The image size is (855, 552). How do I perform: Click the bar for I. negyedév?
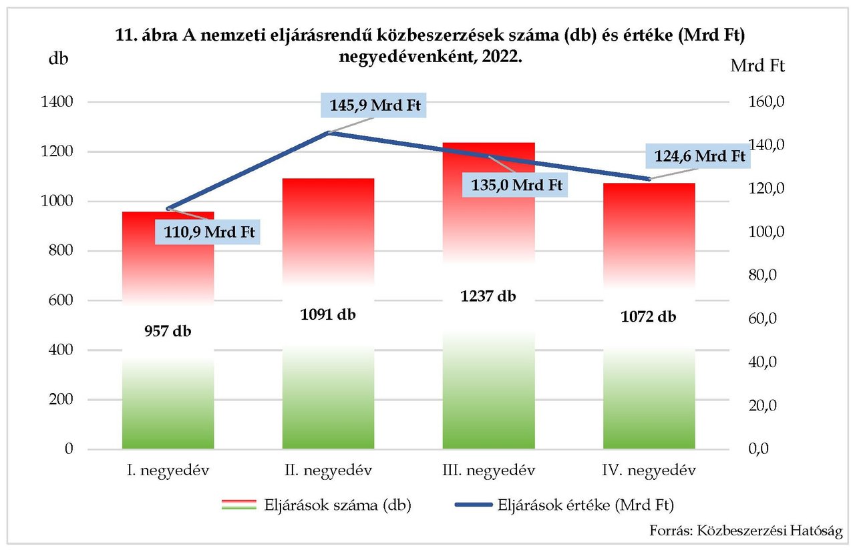coord(168,374)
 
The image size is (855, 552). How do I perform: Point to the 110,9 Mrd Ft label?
coord(208,232)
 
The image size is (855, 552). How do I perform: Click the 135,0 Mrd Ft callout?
coord(514,184)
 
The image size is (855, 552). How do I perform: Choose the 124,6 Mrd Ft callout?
coord(697,156)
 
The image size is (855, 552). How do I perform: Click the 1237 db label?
coord(488,296)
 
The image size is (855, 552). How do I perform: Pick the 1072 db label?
coord(649,316)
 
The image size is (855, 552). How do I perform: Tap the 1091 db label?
coord(328,314)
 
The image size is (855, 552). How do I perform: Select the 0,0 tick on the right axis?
coord(763,449)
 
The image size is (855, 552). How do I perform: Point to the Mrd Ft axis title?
coord(757,66)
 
